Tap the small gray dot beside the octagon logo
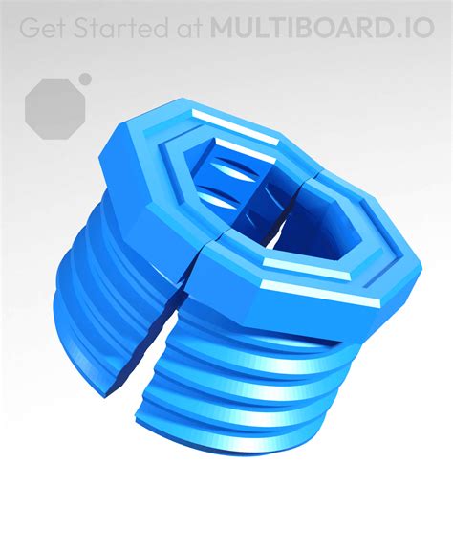click(x=85, y=78)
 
